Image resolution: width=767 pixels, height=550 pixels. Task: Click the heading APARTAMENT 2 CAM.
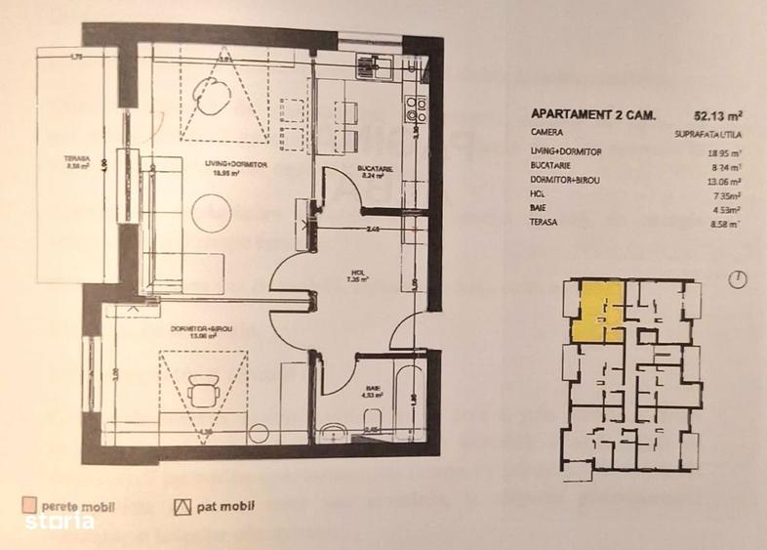(x=587, y=112)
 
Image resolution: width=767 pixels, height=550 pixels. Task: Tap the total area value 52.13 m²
(x=716, y=112)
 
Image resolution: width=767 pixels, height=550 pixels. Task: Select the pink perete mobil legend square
(x=30, y=505)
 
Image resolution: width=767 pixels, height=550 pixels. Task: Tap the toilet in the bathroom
(x=335, y=429)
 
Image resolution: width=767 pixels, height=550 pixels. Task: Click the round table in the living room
(x=210, y=210)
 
